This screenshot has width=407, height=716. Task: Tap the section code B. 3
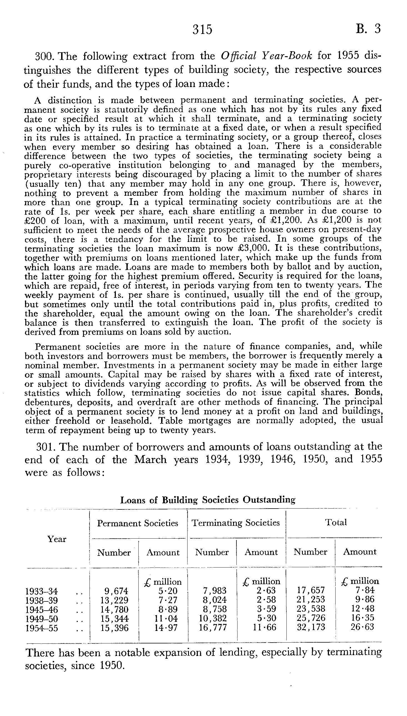[x=368, y=29]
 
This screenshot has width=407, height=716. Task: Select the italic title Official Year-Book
[x=266, y=56]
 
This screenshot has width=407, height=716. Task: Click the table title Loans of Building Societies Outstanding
[x=208, y=500]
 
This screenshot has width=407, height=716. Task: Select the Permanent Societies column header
[x=138, y=523]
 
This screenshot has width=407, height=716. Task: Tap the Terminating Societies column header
[x=236, y=523]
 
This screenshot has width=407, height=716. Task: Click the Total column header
[x=336, y=522]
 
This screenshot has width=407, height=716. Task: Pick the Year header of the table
[x=57, y=539]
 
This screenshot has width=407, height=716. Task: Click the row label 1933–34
[x=42, y=591]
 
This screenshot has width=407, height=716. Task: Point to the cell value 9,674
[x=116, y=591]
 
